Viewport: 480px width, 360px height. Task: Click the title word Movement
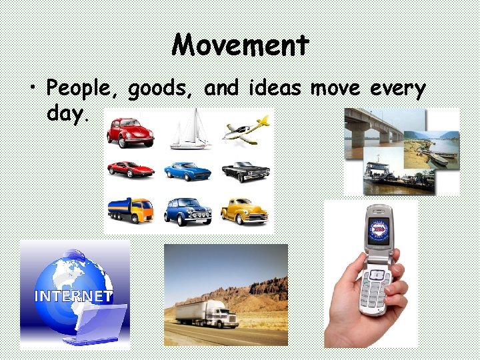coord(241,45)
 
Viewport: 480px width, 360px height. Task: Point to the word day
coord(66,113)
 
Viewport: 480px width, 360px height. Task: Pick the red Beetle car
coord(131,132)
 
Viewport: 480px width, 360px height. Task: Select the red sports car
coord(131,170)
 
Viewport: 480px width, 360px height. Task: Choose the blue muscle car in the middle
coord(187,171)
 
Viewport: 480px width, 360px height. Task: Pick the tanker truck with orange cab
coord(131,211)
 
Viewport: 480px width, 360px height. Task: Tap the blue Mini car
coord(187,211)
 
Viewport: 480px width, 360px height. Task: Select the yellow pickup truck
coord(245,211)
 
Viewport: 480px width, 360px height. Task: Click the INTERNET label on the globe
coord(74,296)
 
